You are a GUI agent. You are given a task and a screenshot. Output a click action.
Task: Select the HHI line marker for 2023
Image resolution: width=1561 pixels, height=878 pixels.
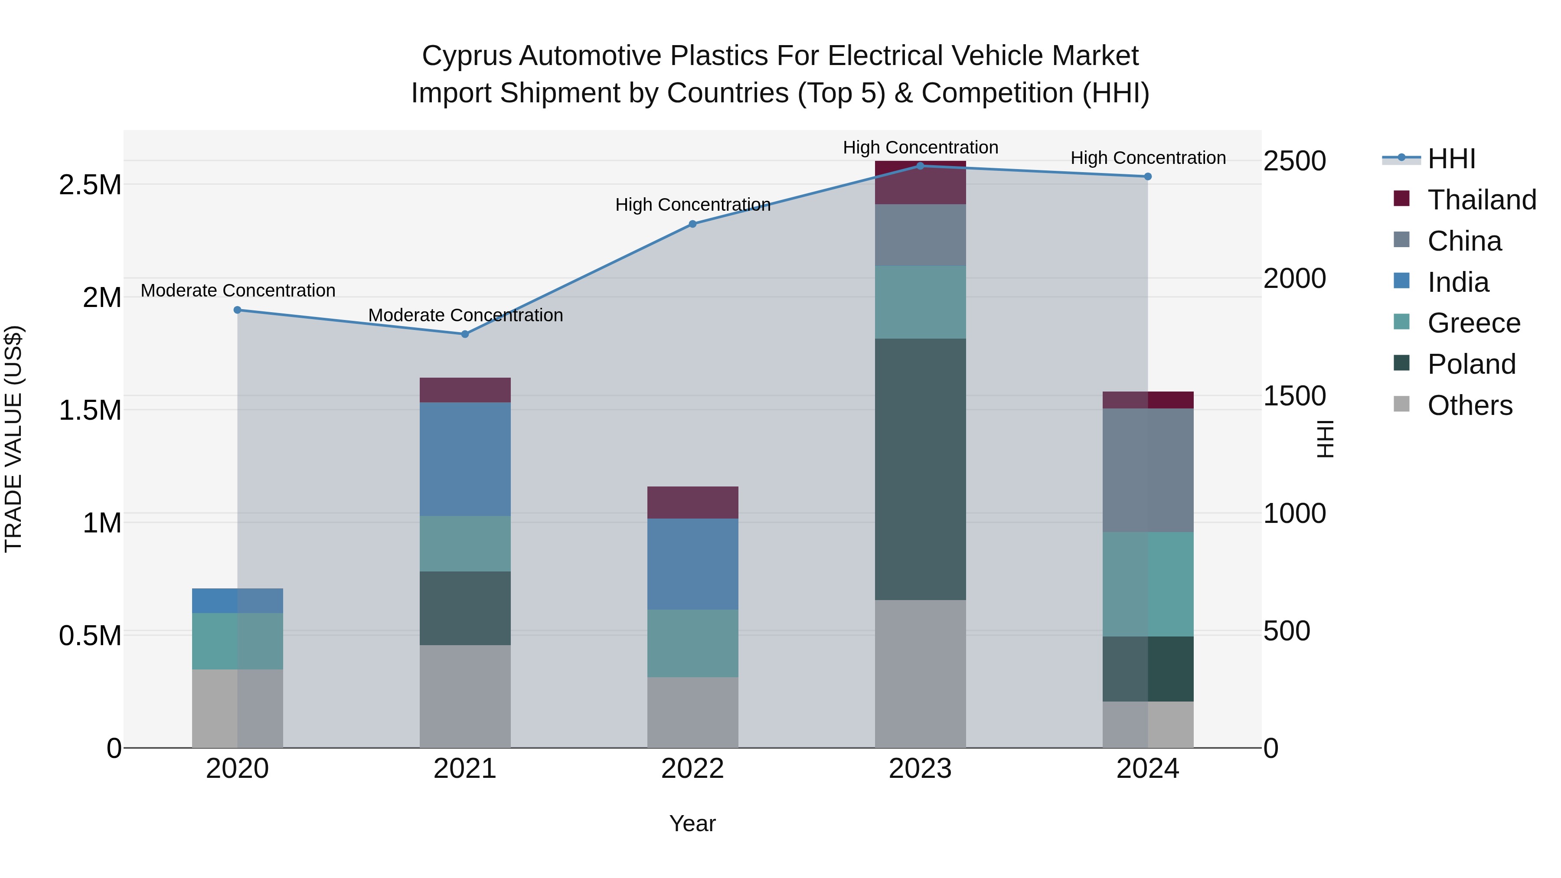coord(920,166)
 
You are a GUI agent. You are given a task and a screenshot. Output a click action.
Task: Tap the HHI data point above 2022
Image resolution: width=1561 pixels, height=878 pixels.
coord(692,224)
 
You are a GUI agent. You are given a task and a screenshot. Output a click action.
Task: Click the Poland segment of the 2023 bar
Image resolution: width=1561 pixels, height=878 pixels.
coord(920,469)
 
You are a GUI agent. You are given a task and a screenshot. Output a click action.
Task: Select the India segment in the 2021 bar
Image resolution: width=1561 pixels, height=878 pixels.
coord(465,459)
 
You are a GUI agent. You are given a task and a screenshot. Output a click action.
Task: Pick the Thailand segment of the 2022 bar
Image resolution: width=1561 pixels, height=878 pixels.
coord(692,503)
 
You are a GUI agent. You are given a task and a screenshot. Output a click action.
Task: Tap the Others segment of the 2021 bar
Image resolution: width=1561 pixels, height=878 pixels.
coord(465,696)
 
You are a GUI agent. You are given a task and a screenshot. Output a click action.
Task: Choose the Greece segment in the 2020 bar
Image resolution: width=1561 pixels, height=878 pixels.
coord(238,641)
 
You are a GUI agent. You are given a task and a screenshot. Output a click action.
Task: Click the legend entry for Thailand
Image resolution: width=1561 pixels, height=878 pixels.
coord(1481,200)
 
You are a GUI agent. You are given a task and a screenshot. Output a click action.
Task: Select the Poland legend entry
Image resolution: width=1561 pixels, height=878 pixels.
coord(1471,364)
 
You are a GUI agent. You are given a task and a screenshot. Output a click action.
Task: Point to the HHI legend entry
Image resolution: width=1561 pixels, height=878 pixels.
coord(1451,159)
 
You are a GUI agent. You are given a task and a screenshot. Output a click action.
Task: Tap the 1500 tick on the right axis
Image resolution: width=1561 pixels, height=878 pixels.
coord(1294,396)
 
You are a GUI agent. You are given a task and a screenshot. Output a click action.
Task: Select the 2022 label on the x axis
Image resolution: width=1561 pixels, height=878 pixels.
coord(692,769)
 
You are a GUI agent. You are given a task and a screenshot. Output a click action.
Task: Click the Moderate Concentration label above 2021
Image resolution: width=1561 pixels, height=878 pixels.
coord(465,315)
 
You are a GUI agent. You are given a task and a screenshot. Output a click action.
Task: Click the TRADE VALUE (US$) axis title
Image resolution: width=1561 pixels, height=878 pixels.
coord(13,439)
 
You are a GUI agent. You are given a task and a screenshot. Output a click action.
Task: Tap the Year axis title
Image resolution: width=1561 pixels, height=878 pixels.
coord(692,823)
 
